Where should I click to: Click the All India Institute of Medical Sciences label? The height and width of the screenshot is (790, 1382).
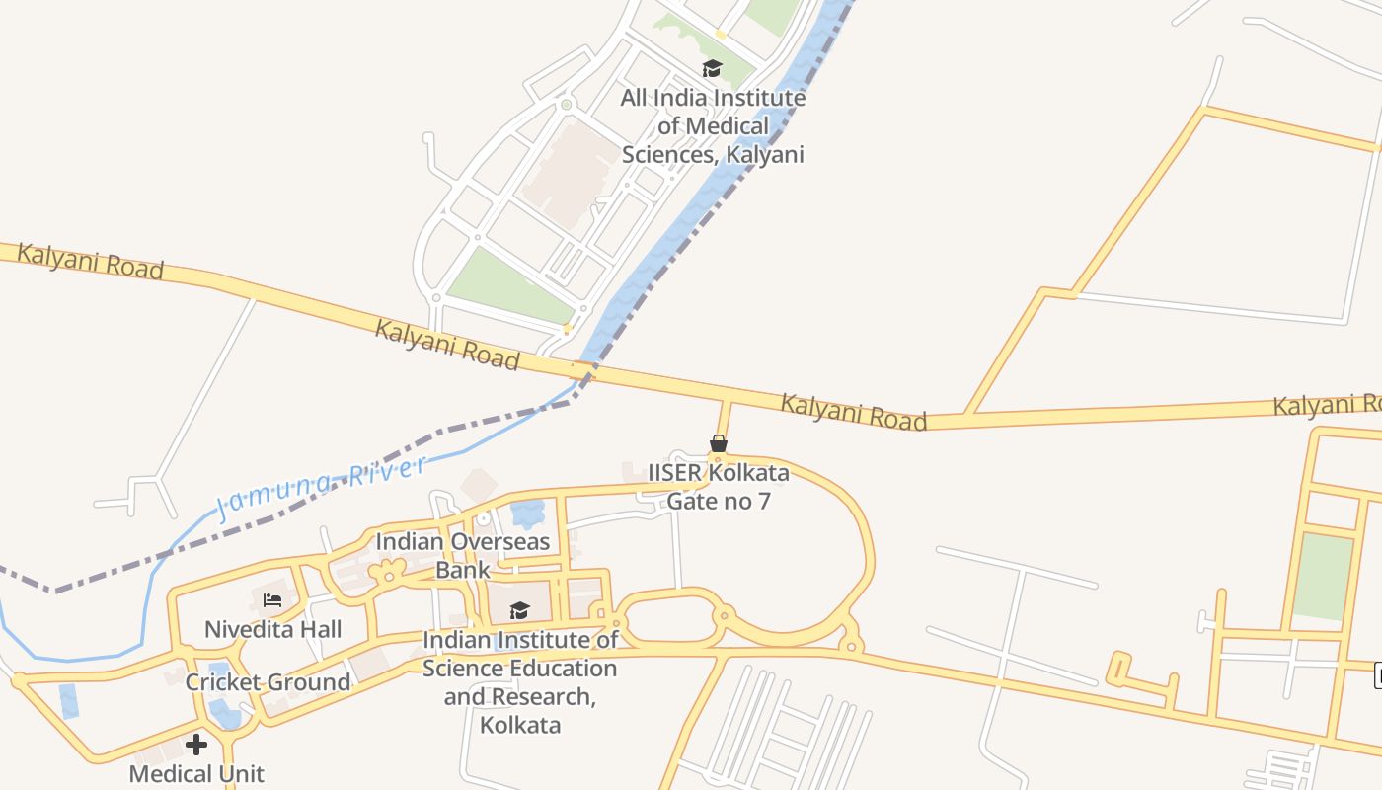[x=712, y=126]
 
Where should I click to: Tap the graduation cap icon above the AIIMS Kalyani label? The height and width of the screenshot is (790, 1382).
[x=712, y=68]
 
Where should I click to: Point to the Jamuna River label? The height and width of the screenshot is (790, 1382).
[x=321, y=488]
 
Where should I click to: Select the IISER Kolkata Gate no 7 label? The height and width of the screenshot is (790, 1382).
[x=718, y=487]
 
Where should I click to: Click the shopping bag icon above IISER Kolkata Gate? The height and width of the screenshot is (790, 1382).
[x=719, y=444]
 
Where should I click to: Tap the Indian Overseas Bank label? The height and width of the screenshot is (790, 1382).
[x=462, y=555]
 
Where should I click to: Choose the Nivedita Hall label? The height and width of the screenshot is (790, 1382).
[x=272, y=629]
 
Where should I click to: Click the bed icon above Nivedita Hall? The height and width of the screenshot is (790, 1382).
[x=272, y=599]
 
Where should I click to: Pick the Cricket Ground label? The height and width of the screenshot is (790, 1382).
[x=268, y=682]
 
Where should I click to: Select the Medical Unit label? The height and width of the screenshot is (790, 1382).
[x=196, y=773]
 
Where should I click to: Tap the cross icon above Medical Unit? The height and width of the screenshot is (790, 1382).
[x=196, y=745]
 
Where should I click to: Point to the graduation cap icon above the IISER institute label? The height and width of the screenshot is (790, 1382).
[x=519, y=610]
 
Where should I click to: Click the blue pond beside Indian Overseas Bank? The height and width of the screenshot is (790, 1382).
[x=528, y=513]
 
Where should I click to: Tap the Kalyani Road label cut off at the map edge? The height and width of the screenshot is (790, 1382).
[x=1326, y=405]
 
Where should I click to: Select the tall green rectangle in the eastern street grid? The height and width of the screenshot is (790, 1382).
[x=1323, y=577]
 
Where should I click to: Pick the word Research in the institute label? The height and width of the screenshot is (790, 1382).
[x=544, y=696]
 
